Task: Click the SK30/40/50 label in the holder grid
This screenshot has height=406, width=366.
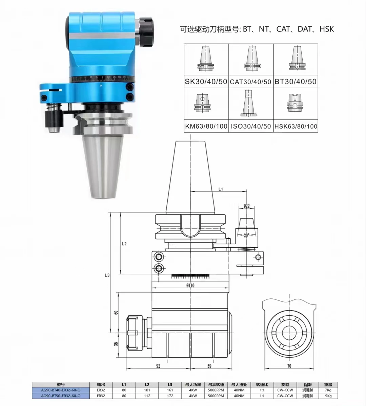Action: [206, 82]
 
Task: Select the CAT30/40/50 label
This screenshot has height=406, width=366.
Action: [250, 82]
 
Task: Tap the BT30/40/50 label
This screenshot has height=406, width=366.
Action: [295, 82]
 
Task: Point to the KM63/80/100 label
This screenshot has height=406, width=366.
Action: [206, 126]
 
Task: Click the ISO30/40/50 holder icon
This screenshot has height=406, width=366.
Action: [250, 103]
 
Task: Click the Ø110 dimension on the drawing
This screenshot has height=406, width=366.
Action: [190, 286]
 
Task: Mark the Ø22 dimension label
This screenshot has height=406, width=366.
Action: [246, 206]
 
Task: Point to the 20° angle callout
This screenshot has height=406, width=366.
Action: [246, 235]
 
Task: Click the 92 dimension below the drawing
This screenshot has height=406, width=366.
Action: [158, 365]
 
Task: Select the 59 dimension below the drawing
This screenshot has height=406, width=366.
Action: [209, 365]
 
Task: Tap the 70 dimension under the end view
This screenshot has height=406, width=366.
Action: [289, 366]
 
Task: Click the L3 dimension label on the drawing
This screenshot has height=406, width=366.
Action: [107, 275]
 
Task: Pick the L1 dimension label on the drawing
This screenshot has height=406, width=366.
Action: [221, 189]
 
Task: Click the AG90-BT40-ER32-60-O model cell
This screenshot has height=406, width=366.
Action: [61, 390]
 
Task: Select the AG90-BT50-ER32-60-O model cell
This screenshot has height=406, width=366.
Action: [61, 396]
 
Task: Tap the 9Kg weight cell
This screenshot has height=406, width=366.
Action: [328, 396]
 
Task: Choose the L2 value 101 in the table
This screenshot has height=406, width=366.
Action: [147, 390]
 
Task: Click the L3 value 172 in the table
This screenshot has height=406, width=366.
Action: [170, 396]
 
